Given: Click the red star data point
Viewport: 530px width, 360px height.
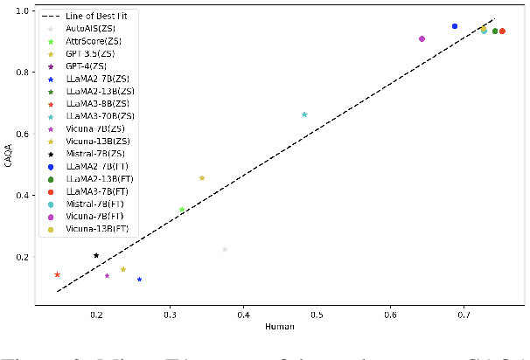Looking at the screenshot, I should tap(58, 274).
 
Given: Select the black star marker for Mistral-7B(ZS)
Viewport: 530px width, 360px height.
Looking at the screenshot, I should tap(96, 255).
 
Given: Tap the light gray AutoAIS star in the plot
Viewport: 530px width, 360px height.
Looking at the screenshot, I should tap(225, 249).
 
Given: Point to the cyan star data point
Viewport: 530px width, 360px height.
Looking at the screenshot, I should tap(304, 114).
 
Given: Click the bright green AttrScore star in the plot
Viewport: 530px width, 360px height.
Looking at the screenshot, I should tap(182, 210).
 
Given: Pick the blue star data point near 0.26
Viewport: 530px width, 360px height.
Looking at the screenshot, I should tap(139, 279).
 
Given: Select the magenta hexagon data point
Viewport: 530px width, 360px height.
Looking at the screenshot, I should tap(422, 38).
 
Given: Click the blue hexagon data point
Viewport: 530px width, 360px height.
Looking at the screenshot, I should tap(455, 26).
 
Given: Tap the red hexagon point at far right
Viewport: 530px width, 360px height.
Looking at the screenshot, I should tap(502, 31).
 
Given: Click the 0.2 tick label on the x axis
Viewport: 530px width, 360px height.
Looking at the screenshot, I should tap(96, 314).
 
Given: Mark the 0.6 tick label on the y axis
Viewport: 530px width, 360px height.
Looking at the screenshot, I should tap(24, 134).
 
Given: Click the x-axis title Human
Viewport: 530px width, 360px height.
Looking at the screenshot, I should tap(280, 327).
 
